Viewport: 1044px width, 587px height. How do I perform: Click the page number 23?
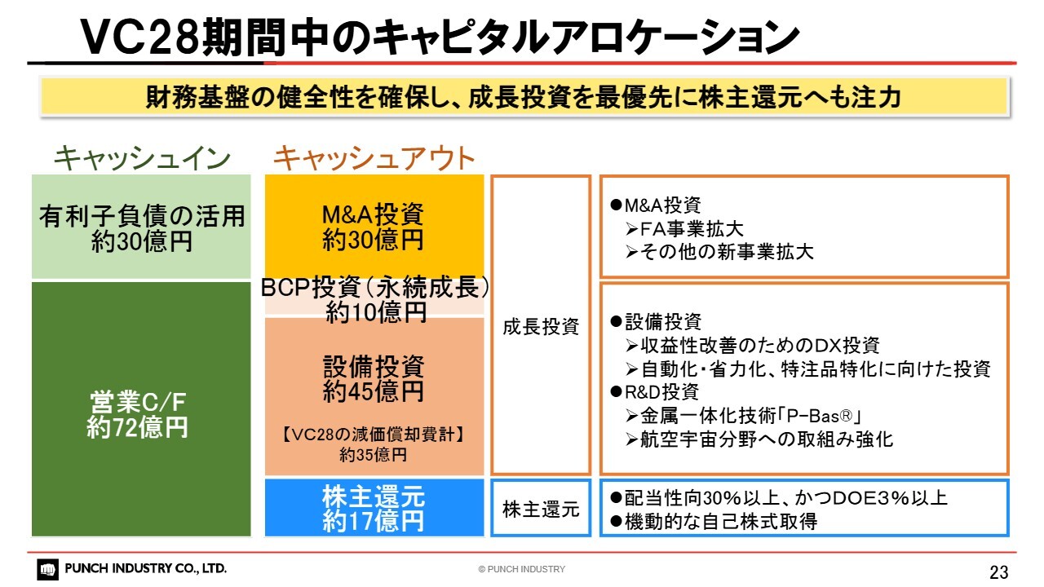coord(999,572)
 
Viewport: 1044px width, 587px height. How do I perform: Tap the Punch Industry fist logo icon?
coord(47,569)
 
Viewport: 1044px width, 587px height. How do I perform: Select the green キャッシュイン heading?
coord(142,158)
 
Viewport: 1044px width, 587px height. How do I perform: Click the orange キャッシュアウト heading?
coord(374,158)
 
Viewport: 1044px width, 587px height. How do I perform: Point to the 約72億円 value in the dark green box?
coord(138,427)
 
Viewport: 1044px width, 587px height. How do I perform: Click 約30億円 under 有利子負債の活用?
coord(142,242)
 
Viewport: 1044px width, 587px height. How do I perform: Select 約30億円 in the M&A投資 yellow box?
coord(373,240)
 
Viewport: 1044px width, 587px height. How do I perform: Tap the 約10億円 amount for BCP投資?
coord(376,312)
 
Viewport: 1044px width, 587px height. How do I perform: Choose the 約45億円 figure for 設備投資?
coord(374,391)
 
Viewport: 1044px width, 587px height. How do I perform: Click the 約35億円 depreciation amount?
coord(373,455)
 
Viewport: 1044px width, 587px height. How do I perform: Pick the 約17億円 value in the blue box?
coord(374,521)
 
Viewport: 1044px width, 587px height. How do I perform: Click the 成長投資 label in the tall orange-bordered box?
coord(541,327)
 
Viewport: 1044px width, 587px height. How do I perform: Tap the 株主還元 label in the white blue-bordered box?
coord(541,510)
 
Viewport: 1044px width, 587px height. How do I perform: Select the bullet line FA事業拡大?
coord(684,229)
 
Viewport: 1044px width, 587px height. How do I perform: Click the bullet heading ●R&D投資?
coord(654,392)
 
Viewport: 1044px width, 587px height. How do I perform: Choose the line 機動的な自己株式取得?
coord(714,522)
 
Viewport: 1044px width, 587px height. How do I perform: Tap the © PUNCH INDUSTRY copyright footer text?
coord(521,569)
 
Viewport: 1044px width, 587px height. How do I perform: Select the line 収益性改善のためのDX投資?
coord(752,346)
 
